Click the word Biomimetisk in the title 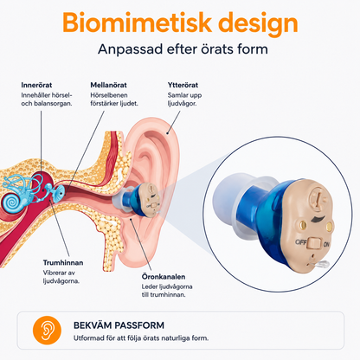[138, 22]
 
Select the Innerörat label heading [36, 85]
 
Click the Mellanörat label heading [108, 85]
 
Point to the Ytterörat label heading [183, 85]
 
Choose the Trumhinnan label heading [63, 263]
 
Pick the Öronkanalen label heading [164, 277]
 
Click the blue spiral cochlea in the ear [11, 202]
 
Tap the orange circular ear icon [47, 331]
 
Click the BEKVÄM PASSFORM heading [119, 325]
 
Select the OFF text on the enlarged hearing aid [300, 241]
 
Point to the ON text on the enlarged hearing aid [326, 244]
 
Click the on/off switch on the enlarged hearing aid [314, 243]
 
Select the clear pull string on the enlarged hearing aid [318, 264]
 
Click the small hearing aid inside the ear [137, 201]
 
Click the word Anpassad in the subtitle [131, 49]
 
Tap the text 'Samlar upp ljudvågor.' [184, 100]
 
